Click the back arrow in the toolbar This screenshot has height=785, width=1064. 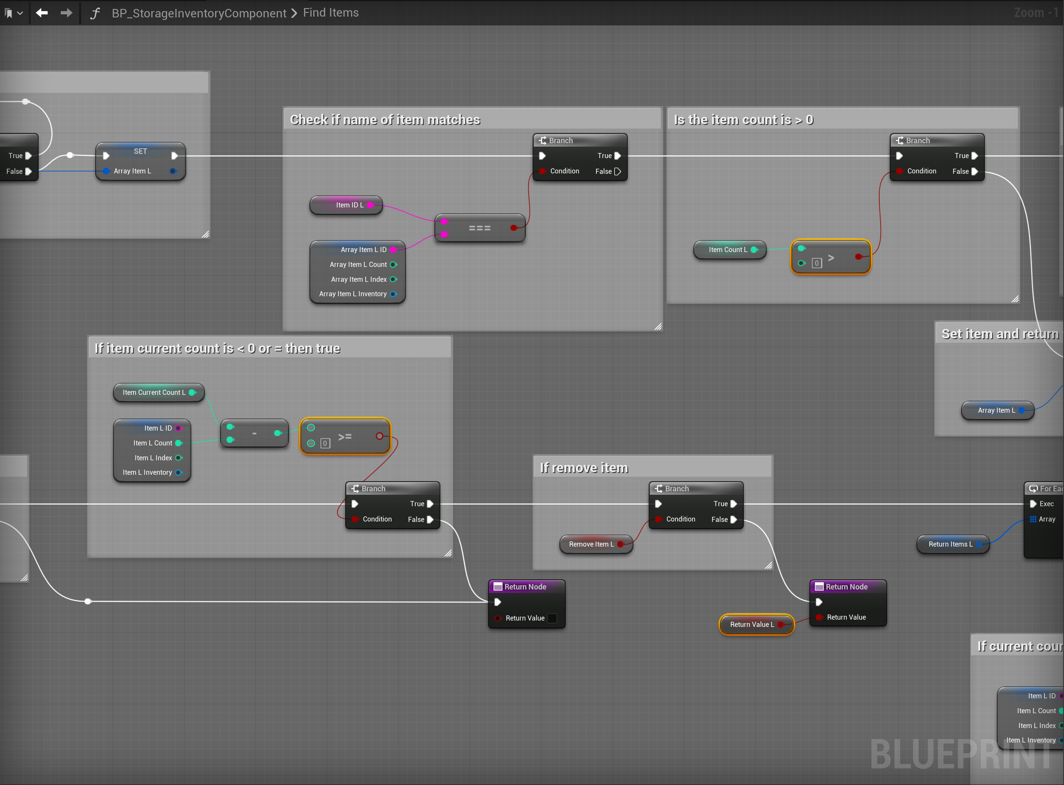click(42, 13)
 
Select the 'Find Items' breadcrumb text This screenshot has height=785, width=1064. click(331, 13)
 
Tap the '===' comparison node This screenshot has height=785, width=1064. click(480, 228)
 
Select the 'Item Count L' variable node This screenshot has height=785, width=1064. click(728, 250)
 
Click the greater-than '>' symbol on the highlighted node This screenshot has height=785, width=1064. click(831, 258)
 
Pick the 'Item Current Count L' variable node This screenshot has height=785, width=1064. click(154, 393)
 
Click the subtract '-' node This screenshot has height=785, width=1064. click(254, 434)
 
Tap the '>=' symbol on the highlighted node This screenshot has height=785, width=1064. click(345, 436)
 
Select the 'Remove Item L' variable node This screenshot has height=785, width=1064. click(591, 544)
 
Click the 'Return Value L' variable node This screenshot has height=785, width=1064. click(752, 624)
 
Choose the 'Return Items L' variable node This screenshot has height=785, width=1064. click(951, 544)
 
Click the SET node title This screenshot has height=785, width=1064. click(140, 151)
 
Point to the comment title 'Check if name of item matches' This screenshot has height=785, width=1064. click(385, 120)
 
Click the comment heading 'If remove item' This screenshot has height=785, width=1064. click(584, 468)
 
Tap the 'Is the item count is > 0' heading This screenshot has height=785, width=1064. click(743, 120)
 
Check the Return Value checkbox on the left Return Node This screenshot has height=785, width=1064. click(552, 618)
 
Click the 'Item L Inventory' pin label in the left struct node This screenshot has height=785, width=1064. click(148, 473)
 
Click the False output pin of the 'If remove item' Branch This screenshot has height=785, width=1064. click(734, 520)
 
